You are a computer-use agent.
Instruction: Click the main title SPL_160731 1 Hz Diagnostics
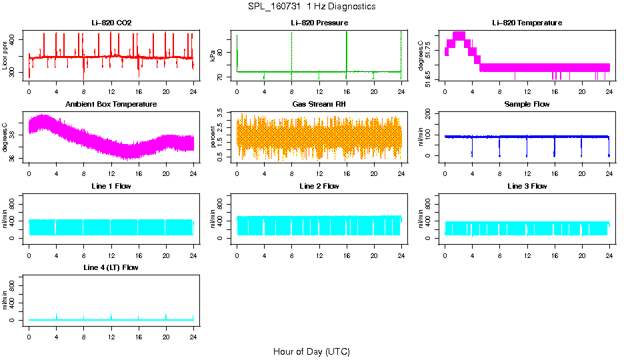[311, 7]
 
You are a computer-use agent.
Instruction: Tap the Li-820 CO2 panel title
[111, 23]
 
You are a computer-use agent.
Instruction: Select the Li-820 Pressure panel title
[319, 23]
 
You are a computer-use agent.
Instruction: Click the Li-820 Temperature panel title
[527, 23]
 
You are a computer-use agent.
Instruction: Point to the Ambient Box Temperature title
[111, 105]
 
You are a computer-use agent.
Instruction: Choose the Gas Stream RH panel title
[319, 105]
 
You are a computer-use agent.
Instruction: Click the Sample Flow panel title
[527, 105]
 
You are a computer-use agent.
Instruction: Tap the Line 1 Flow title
[111, 186]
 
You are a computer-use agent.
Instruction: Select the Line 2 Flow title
[319, 186]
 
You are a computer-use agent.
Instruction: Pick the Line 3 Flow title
[527, 186]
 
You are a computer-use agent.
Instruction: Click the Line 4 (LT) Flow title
[111, 267]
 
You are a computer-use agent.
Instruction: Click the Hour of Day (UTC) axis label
[311, 351]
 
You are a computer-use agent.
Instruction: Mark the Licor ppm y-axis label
[6, 56]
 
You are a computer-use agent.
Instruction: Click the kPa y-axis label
[213, 56]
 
